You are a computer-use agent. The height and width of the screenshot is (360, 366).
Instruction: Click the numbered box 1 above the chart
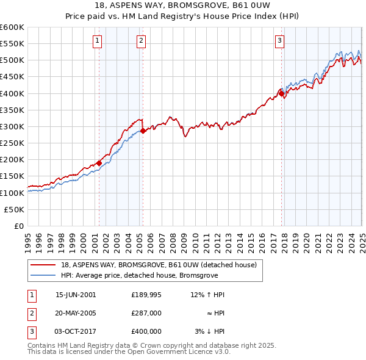coord(98,41)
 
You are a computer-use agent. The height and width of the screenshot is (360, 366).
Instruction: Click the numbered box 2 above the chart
coord(141,41)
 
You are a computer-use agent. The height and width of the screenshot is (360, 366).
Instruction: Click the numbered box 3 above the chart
coord(279,41)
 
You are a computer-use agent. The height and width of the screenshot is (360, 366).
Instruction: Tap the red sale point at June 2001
coord(99,163)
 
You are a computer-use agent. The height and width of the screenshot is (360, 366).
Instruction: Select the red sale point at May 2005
coord(143,131)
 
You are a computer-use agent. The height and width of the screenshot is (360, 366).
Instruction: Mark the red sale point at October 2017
coord(281,93)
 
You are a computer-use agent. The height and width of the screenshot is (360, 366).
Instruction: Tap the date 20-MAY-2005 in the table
coord(76,313)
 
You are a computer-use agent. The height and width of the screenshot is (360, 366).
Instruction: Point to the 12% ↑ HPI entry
coord(207,295)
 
